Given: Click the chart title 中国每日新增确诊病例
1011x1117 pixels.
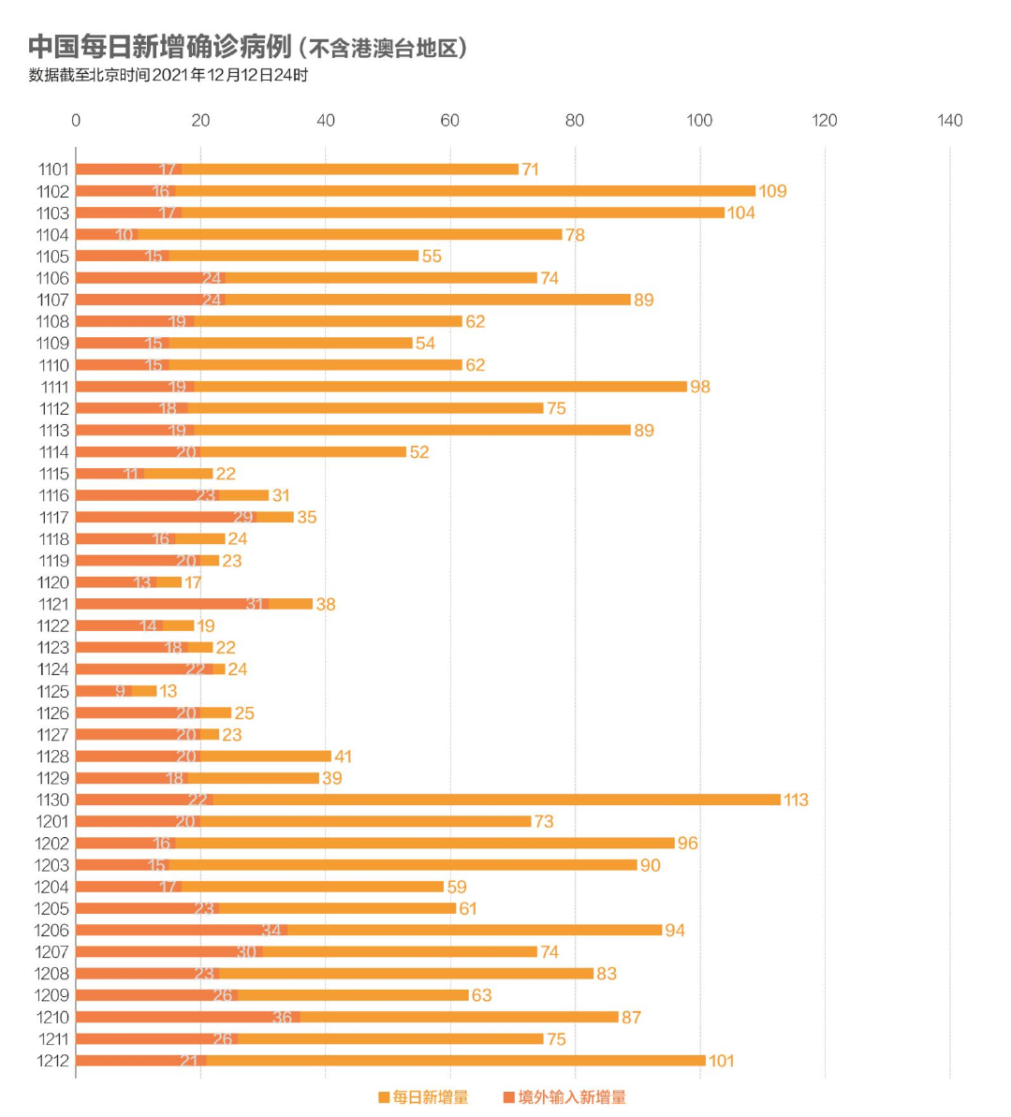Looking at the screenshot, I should [x=160, y=47].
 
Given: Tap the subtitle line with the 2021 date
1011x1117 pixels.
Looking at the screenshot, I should [x=168, y=76].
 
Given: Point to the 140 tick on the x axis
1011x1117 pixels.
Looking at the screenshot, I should [x=949, y=121].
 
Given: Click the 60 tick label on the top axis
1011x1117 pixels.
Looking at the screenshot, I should [x=450, y=121].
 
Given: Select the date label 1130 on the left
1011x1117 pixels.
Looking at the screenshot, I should [x=53, y=801].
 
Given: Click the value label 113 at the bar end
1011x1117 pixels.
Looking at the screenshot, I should [x=796, y=801].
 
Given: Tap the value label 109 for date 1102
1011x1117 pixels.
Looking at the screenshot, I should [x=772, y=192].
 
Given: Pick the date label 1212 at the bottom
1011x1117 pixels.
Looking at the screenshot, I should [x=53, y=1061].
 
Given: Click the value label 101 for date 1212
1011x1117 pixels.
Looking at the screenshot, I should [x=721, y=1061].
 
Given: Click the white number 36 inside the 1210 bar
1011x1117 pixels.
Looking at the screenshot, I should [x=282, y=1018].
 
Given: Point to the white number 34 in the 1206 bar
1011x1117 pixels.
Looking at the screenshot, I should [x=271, y=931].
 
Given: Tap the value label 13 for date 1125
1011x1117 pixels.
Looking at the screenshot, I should [x=168, y=692].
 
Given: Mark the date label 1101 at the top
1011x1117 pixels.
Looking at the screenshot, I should [x=53, y=169].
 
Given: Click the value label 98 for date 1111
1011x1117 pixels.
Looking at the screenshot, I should [x=700, y=387].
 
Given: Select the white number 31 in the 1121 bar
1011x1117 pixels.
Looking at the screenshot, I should [x=255, y=605].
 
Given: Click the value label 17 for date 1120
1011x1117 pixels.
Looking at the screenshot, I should [x=193, y=583].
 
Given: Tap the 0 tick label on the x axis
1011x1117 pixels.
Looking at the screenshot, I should [x=76, y=121].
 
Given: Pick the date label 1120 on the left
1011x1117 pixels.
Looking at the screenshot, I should [x=53, y=583].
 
